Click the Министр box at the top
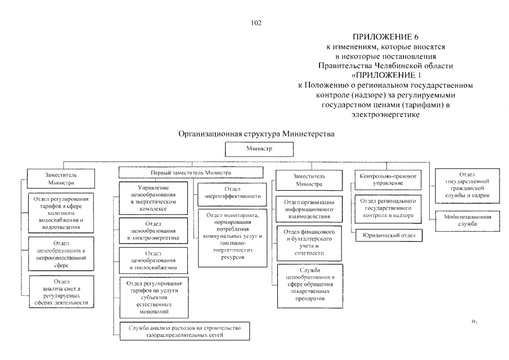pyautogui.click(x=259, y=149)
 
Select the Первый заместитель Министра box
pyautogui.click(x=191, y=172)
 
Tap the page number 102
pyautogui.click(x=256, y=22)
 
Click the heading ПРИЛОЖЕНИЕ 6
pyautogui.click(x=385, y=37)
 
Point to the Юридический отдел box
pyautogui.click(x=389, y=235)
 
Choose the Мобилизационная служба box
pyautogui.click(x=467, y=220)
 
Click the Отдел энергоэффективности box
pyautogui.click(x=232, y=194)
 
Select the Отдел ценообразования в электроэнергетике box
pyautogui.click(x=153, y=231)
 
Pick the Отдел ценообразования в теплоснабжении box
pyautogui.click(x=153, y=260)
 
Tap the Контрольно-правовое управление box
pyautogui.click(x=388, y=180)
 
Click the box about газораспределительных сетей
pyautogui.click(x=184, y=331)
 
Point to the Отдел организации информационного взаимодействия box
pyautogui.click(x=309, y=209)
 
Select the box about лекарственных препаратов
pyautogui.click(x=310, y=286)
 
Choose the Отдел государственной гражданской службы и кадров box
pyautogui.click(x=467, y=186)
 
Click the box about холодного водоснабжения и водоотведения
pyautogui.click(x=61, y=213)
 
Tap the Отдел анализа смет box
pyautogui.click(x=62, y=292)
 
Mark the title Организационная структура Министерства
pyautogui.click(x=256, y=134)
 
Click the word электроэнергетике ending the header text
pyautogui.click(x=385, y=115)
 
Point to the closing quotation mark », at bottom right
pyautogui.click(x=474, y=321)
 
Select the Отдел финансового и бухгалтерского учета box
pyautogui.click(x=309, y=244)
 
